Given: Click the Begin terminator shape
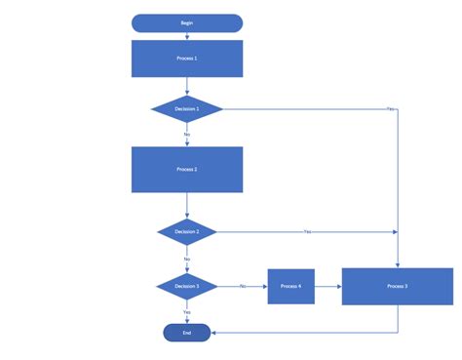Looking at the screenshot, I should [186, 22].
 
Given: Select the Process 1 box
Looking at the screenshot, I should [186, 59].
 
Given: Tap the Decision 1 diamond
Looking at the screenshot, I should [186, 108].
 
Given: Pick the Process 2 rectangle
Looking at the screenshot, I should [186, 170].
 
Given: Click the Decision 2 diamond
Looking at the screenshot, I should [186, 232].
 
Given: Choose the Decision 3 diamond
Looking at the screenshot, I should [186, 286].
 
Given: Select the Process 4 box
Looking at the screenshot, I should [290, 286].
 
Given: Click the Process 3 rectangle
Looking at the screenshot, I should [397, 286].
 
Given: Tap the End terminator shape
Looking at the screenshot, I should [186, 333].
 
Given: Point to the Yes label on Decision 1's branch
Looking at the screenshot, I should [390, 108].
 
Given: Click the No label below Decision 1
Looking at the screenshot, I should [186, 135].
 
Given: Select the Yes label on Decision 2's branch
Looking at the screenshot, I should [307, 232].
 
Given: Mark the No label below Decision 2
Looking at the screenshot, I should [186, 260].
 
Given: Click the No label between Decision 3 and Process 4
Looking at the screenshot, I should [242, 286].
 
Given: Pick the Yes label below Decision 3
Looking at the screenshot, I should [186, 311].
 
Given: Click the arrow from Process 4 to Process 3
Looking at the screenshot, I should [327, 286].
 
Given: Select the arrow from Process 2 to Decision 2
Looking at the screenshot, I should [186, 206].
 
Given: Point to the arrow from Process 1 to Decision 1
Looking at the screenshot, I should [186, 87].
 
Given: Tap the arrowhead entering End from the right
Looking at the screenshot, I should [213, 333].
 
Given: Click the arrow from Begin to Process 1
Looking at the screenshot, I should [186, 36].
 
